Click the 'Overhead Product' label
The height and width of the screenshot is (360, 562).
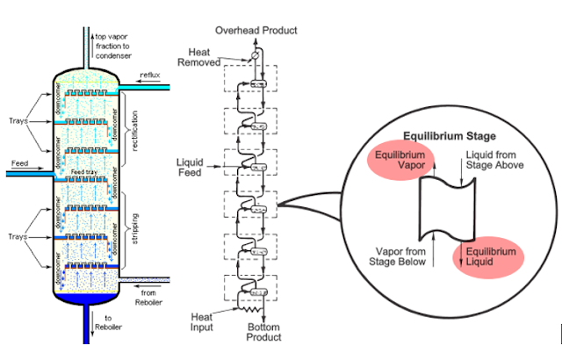pos(256,31)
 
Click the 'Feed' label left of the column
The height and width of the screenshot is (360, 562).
pos(20,163)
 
